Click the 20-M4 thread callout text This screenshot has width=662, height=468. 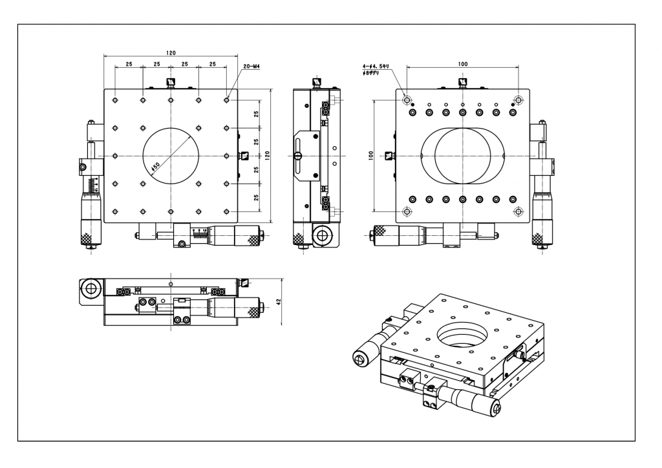[251, 65]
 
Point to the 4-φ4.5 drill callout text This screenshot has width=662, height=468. [374, 65]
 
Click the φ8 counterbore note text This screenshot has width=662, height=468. [372, 74]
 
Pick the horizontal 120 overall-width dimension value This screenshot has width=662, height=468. [170, 52]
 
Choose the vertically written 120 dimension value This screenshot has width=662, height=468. [267, 155]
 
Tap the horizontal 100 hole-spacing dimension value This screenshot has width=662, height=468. [462, 63]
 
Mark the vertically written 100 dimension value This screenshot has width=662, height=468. [371, 156]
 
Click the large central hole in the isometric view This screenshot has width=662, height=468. [462, 335]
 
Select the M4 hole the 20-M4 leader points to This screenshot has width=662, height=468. [226, 100]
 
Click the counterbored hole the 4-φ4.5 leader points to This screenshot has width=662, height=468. [407, 100]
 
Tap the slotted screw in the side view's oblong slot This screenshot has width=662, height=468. [298, 156]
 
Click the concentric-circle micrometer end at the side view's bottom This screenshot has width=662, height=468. [321, 236]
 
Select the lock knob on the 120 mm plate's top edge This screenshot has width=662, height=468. [171, 83]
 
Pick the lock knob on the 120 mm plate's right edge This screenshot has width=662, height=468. [244, 156]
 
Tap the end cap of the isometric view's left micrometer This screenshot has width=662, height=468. [359, 358]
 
